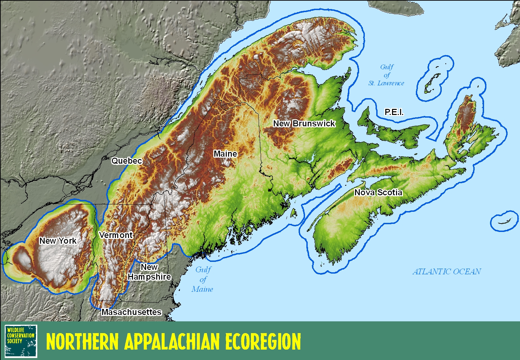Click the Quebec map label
coord(127,161)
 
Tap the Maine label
coord(225,154)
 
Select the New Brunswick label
coord(304,123)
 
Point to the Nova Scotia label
coord(378,192)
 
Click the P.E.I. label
coord(394,112)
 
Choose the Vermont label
coord(116,235)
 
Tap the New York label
coord(58,241)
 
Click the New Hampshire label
coord(149,272)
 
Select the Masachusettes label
coord(131,312)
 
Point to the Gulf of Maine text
coord(203,279)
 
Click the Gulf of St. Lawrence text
coord(386,75)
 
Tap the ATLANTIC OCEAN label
coord(446,272)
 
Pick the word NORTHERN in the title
coord(82,342)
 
